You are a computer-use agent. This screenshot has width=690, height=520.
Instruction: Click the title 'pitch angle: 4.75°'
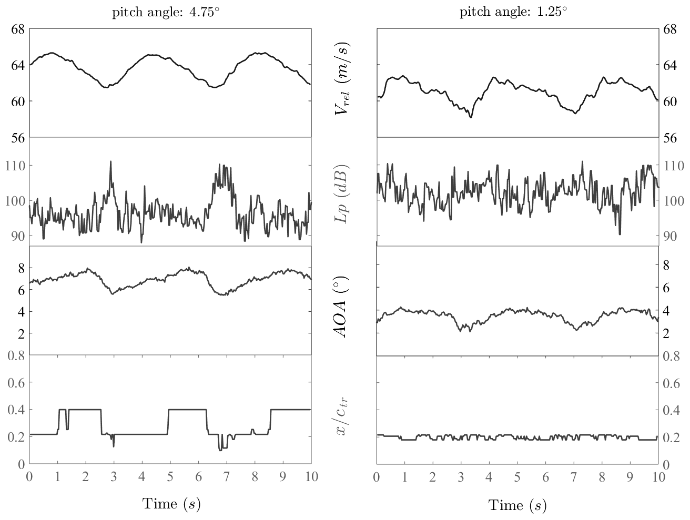pyautogui.click(x=166, y=13)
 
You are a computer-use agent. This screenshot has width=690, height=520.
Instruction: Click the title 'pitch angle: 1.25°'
pyautogui.click(x=513, y=13)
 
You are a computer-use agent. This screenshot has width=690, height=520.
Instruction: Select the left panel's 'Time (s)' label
pyautogui.click(x=171, y=504)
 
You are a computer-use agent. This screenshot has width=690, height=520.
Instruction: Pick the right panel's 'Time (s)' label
pyautogui.click(x=517, y=505)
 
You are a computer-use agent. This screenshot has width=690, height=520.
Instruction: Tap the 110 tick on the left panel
pyautogui.click(x=16, y=166)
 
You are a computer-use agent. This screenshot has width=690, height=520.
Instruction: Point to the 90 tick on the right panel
pyautogui.click(x=669, y=235)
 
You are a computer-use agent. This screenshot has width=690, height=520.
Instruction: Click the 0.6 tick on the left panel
pyautogui.click(x=16, y=383)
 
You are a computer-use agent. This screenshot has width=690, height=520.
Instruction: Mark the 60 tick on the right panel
pyautogui.click(x=669, y=101)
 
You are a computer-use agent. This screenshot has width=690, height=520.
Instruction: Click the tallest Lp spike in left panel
pyautogui.click(x=110, y=161)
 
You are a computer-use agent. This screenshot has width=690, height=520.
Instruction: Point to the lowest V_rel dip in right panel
pyautogui.click(x=471, y=117)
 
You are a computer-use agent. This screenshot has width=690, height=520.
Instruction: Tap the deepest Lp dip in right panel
pyautogui.click(x=620, y=234)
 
